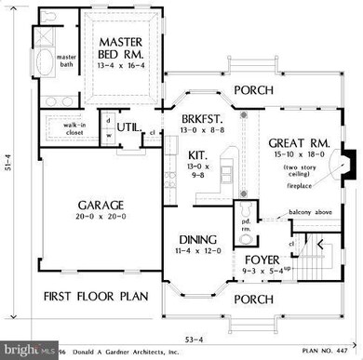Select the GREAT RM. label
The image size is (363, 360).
296,144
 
